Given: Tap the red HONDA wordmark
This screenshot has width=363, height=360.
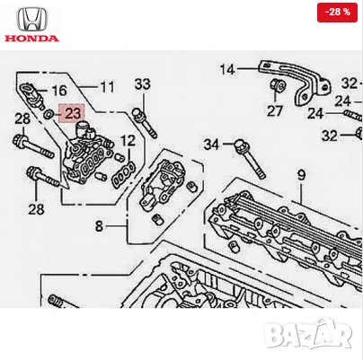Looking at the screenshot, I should pyautogui.click(x=31, y=39).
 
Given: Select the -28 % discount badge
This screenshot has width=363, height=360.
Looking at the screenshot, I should pyautogui.click(x=339, y=12).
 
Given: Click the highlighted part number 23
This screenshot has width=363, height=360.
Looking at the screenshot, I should pyautogui.click(x=70, y=114).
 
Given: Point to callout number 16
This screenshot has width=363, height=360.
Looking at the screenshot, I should pyautogui.click(x=58, y=91).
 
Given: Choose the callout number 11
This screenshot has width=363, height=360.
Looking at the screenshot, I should pyautogui.click(x=107, y=87).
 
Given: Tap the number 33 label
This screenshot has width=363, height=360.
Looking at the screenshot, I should pyautogui.click(x=142, y=84).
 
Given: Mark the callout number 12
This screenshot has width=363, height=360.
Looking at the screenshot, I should pyautogui.click(x=128, y=140).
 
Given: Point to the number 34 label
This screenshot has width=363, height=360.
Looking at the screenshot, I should pyautogui.click(x=211, y=144).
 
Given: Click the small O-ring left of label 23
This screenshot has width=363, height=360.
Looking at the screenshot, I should pyautogui.click(x=48, y=114).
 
